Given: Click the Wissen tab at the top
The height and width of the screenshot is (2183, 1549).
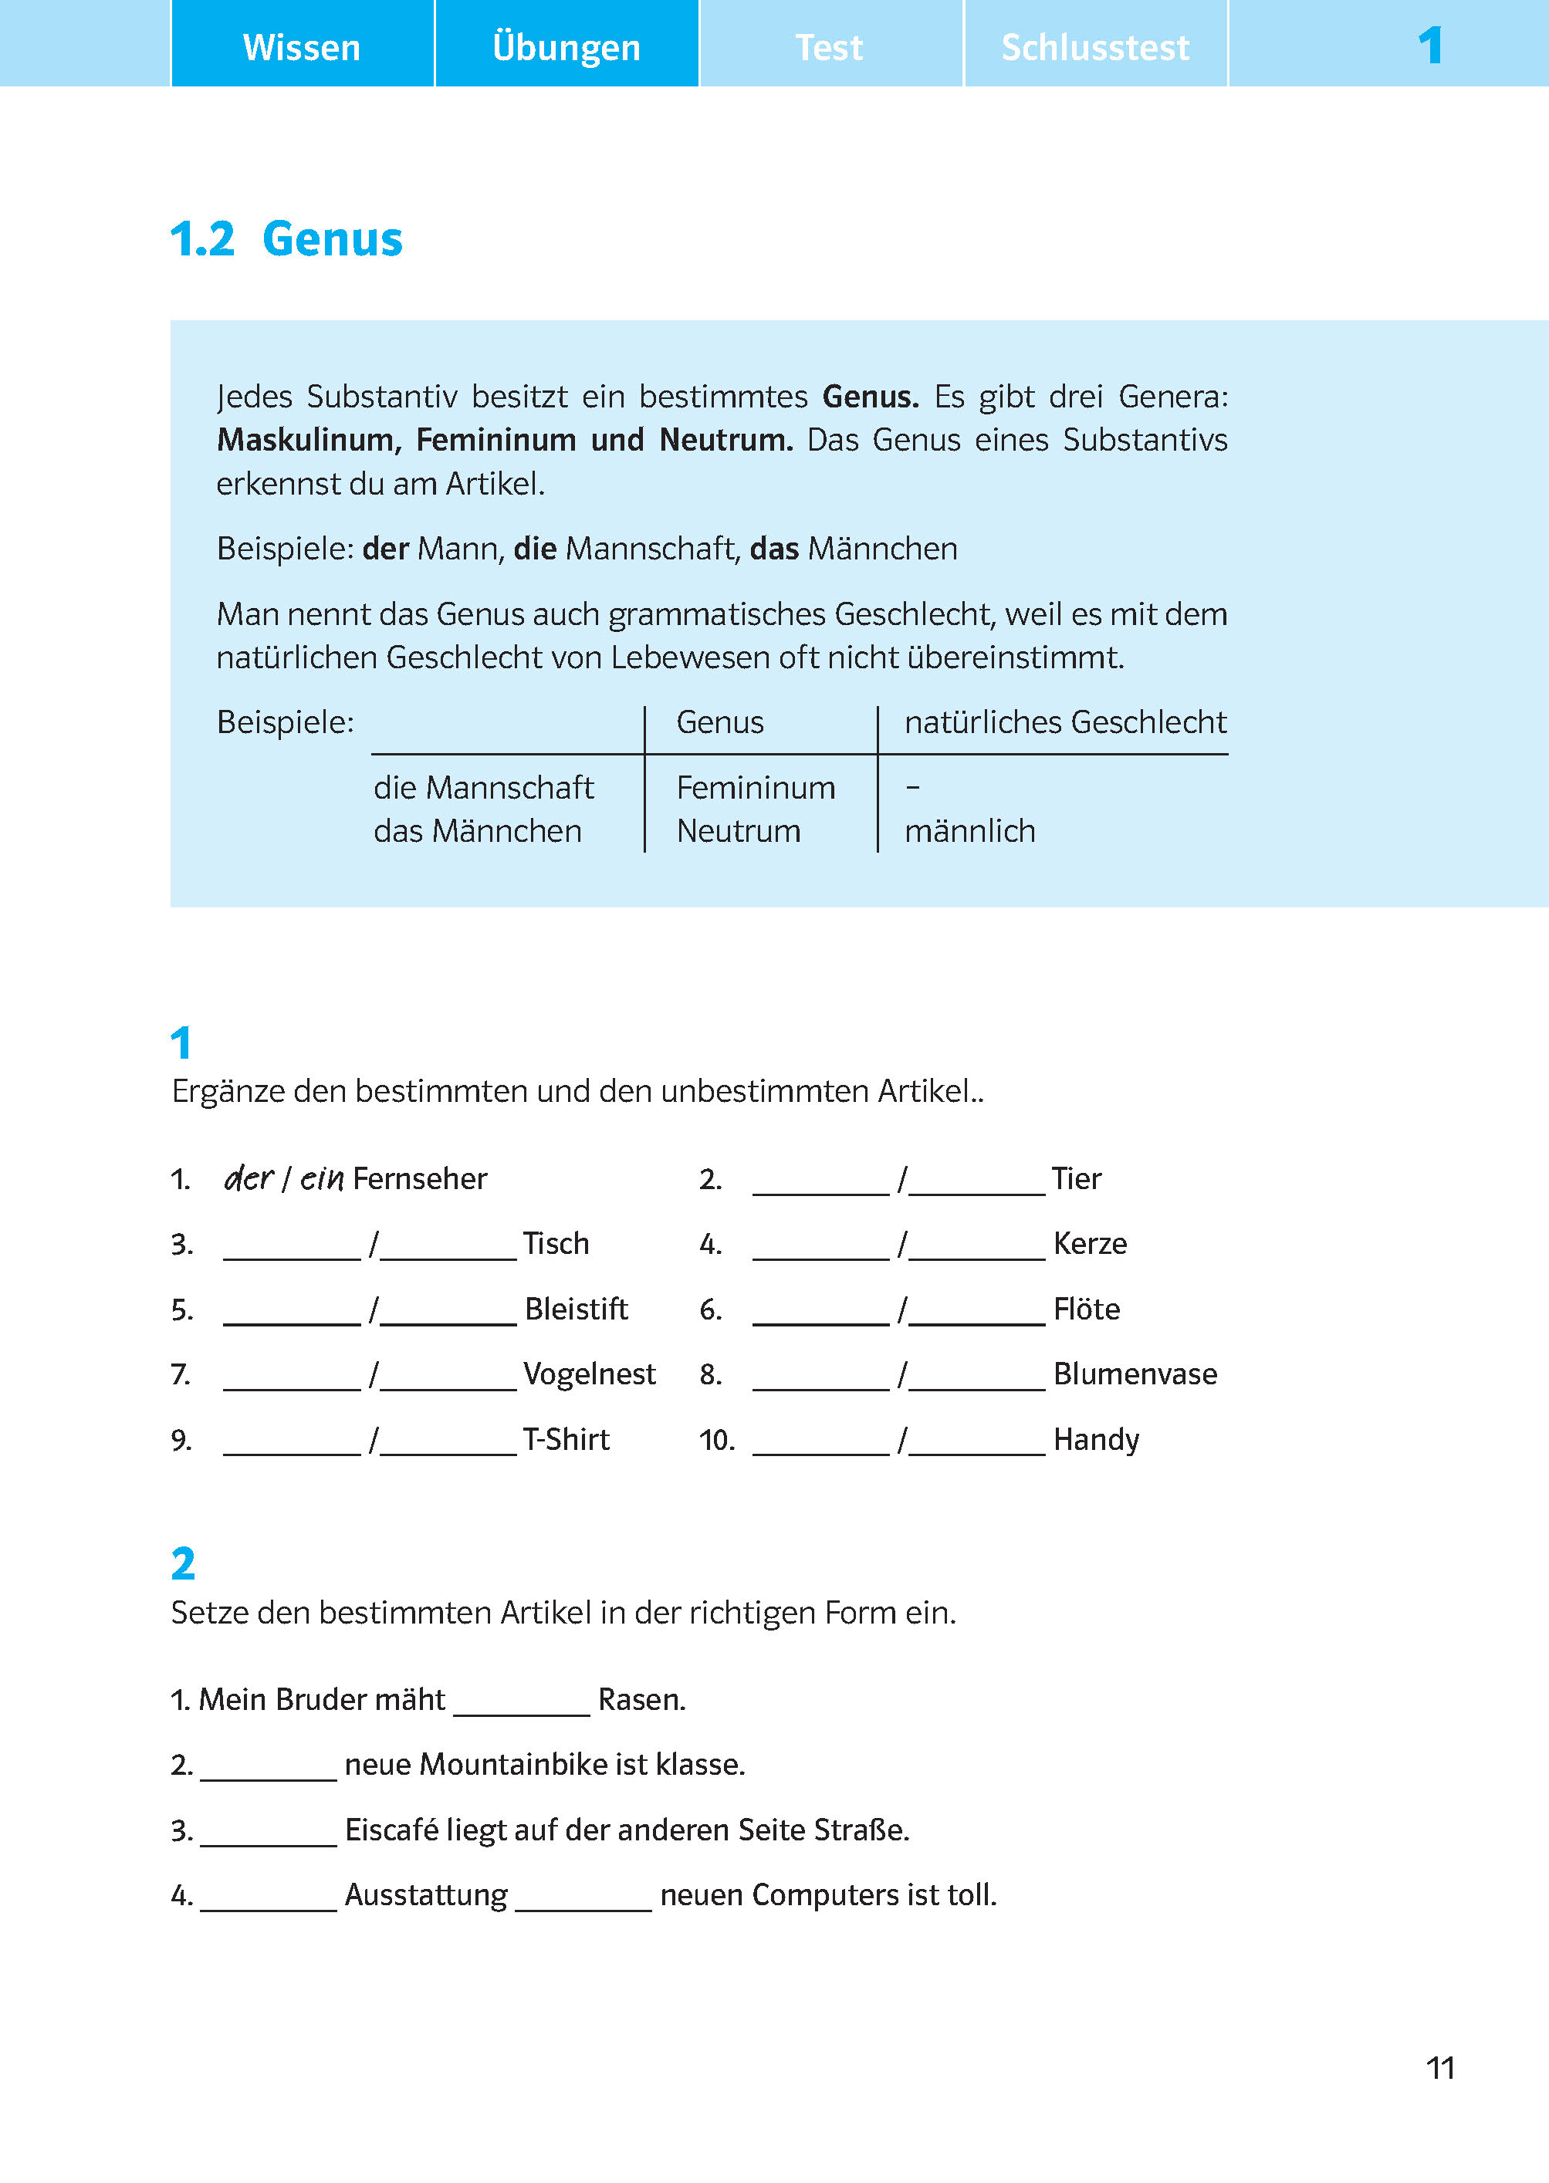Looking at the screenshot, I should click(x=302, y=47).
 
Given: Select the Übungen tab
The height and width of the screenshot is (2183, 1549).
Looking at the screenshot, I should click(x=567, y=47).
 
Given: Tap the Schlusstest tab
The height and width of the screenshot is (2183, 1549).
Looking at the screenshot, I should click(x=1095, y=47).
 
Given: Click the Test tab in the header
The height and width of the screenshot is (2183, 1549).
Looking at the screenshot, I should click(x=830, y=47).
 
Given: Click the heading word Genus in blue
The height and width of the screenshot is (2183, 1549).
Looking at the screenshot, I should click(x=332, y=238).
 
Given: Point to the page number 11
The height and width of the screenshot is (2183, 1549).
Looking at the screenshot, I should click(x=1439, y=2067).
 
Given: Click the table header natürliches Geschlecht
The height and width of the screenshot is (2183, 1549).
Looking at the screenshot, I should click(x=1064, y=722).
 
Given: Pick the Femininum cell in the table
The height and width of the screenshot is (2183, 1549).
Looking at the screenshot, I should click(x=756, y=788).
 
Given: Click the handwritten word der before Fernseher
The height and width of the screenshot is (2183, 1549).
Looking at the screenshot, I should click(x=248, y=1179).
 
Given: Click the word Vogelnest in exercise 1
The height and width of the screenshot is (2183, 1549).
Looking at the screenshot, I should click(x=590, y=1374).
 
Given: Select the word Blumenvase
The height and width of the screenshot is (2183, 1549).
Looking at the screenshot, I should click(x=1135, y=1374).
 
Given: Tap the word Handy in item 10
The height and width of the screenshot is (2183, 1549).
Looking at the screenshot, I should click(x=1096, y=1439).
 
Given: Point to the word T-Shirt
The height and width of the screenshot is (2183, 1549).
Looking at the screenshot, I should click(x=566, y=1439).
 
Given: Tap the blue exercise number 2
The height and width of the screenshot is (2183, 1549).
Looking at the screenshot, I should click(x=183, y=1564).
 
